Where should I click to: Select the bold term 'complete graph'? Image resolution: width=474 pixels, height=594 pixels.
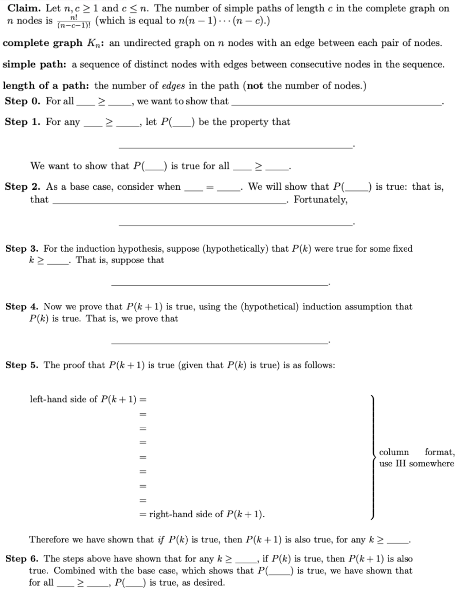[42, 43]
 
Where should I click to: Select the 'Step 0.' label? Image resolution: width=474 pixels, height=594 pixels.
[23, 101]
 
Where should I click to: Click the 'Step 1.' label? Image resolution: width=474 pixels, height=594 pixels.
[23, 122]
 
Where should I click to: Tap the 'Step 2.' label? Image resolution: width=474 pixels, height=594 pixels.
[23, 187]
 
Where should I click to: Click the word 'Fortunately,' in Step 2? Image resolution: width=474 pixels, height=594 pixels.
[321, 200]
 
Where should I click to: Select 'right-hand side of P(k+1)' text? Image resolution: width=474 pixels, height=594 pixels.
[206, 514]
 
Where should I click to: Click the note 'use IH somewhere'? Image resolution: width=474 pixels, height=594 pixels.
[417, 464]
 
